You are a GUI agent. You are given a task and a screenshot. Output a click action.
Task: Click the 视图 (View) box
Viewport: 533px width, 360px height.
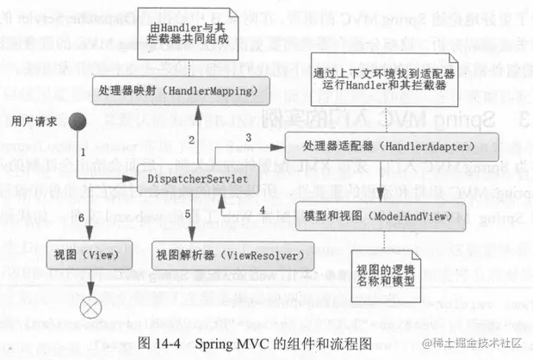[x=90, y=256]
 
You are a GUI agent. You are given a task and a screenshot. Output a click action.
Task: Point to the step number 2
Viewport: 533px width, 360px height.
[x=190, y=139]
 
